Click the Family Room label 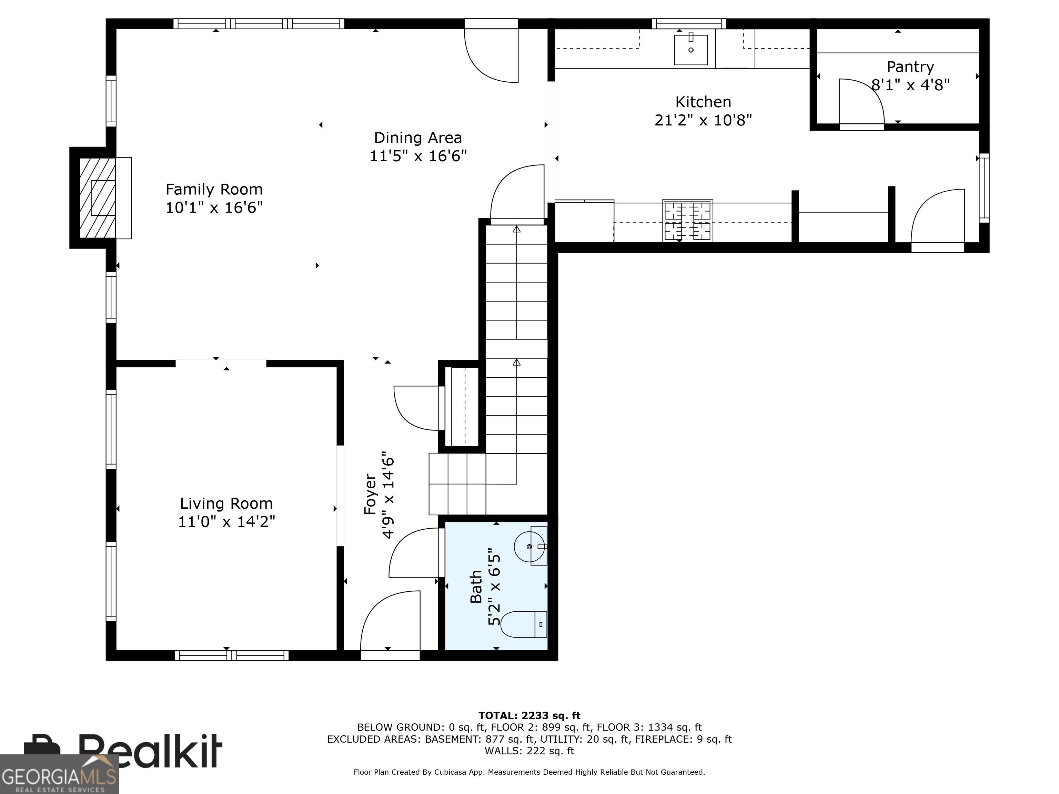(214, 189)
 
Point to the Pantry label (910, 67)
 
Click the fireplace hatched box (97, 198)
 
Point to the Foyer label (371, 494)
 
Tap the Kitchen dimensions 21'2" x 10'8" (703, 120)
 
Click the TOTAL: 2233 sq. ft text (529, 715)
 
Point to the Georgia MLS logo (59, 774)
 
